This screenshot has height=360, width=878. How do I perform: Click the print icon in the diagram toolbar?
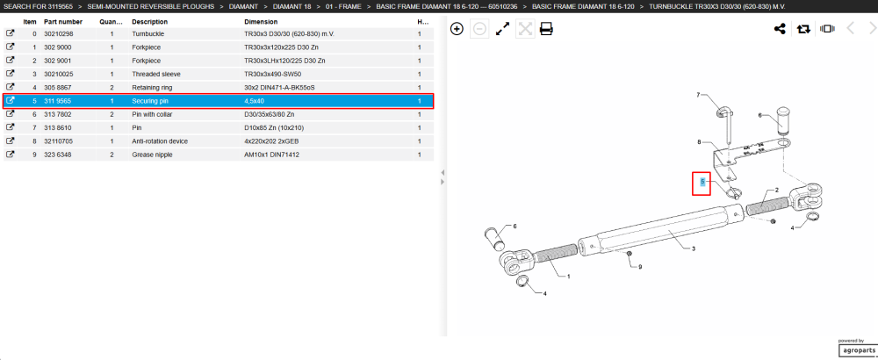[x=546, y=29]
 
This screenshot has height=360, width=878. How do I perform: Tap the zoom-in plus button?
[x=457, y=29]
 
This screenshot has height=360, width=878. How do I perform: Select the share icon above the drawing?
[x=780, y=29]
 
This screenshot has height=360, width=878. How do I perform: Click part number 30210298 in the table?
[x=60, y=33]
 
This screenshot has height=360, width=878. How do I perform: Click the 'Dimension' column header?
[x=261, y=22]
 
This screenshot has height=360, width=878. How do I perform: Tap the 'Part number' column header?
[x=63, y=22]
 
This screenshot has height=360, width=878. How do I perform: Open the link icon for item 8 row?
[x=10, y=141]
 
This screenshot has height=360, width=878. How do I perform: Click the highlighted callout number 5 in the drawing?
[x=702, y=182]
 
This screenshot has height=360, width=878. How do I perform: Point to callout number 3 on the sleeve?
[x=694, y=248]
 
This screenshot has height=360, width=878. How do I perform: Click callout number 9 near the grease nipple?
[x=640, y=267]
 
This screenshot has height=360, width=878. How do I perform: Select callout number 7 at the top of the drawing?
[x=698, y=95]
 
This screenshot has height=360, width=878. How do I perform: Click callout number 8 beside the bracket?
[x=699, y=142]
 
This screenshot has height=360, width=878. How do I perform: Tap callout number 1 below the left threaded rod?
[x=569, y=276]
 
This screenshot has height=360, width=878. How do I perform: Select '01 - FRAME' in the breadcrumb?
[x=343, y=7]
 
